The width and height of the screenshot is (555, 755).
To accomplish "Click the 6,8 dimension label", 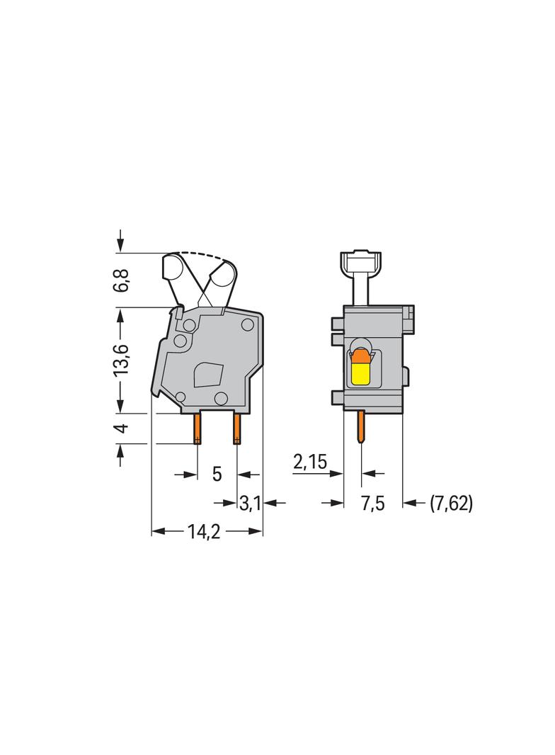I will click(123, 280).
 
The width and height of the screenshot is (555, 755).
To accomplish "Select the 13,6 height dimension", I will click(123, 360).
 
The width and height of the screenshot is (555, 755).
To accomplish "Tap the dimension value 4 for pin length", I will click(123, 428).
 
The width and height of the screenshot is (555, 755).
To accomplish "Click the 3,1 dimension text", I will click(251, 504).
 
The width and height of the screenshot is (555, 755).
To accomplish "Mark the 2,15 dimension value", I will click(309, 463).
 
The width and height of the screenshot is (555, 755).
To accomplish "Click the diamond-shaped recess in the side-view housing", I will click(208, 374).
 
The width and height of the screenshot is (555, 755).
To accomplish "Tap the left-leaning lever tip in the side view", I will click(173, 268).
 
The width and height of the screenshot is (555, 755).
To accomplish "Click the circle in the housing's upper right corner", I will click(247, 324).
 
